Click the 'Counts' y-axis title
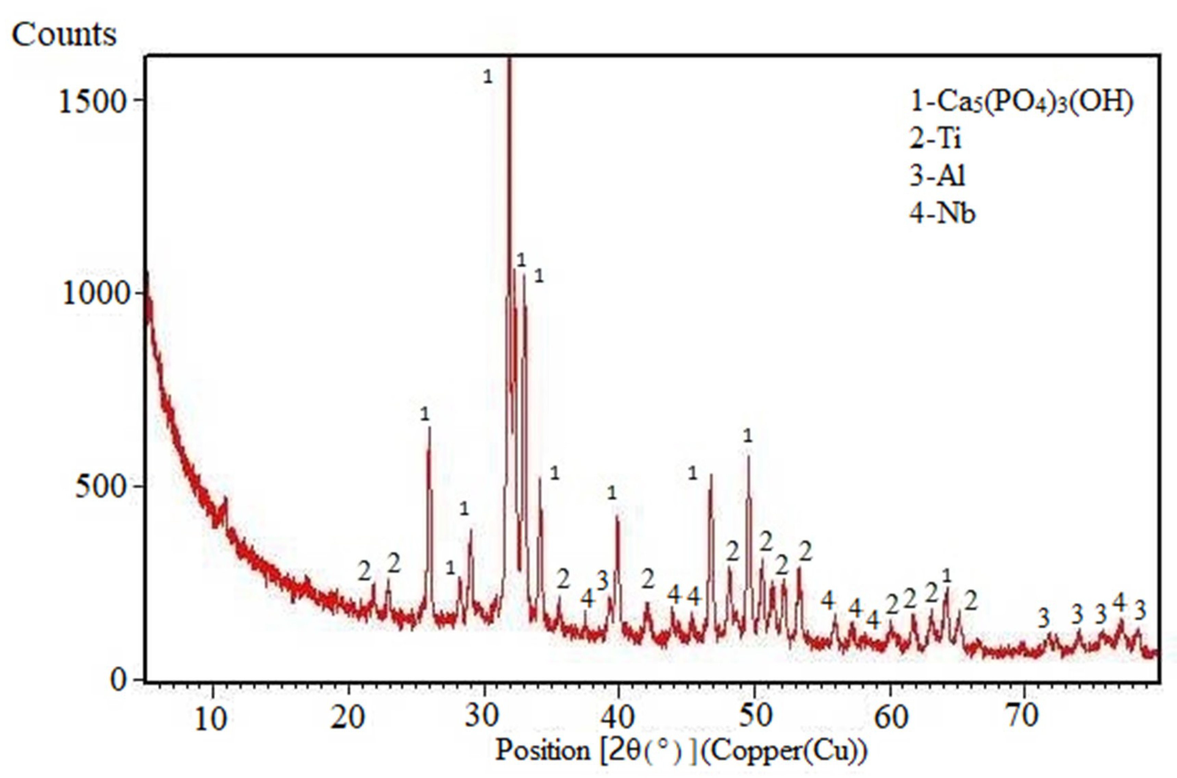64,35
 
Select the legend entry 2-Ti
935,139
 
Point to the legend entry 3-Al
937,176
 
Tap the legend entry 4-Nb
942,214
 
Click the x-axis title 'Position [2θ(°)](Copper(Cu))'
682,750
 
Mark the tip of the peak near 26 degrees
429,428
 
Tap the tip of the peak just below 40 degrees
617,516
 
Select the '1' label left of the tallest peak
488,77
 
